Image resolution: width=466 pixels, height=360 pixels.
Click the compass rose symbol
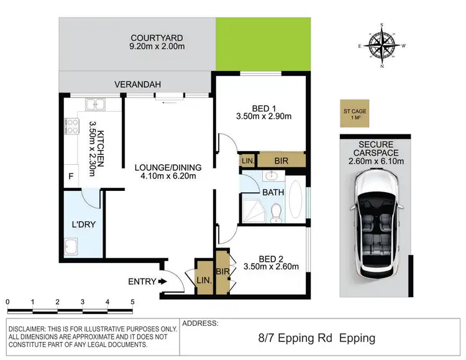(381, 45)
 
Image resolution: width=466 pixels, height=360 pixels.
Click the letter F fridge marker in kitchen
(71, 177)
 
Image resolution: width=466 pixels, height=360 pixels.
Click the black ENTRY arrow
(163, 282)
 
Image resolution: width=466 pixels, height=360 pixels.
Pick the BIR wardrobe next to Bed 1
(281, 161)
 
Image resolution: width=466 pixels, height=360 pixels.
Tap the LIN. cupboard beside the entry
(204, 280)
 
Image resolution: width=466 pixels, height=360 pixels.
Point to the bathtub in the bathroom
(297, 200)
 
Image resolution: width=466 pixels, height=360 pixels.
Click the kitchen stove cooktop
(71, 127)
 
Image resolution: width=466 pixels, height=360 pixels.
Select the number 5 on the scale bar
(132, 302)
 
